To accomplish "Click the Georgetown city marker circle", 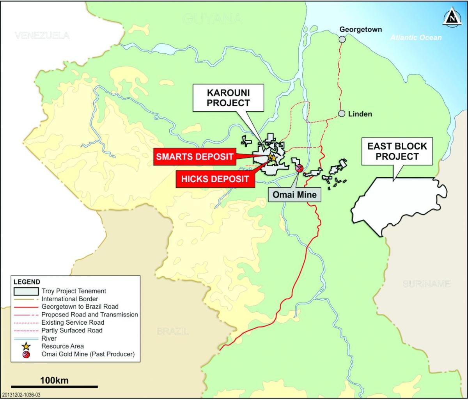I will click(x=342, y=39).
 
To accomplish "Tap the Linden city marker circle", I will click(x=342, y=114).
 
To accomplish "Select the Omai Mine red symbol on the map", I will click(x=300, y=168).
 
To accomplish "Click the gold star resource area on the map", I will click(x=272, y=158).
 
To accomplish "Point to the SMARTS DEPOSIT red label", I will click(x=195, y=157).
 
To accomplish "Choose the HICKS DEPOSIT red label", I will click(x=214, y=179).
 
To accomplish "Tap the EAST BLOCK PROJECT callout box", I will click(x=397, y=151).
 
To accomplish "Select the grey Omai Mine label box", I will click(x=294, y=194).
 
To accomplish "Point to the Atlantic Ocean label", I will click(x=416, y=37).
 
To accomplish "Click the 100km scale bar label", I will click(x=54, y=380).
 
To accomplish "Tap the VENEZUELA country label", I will click(x=42, y=36).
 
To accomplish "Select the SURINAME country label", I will click(x=427, y=284).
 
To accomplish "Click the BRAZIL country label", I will click(x=173, y=332).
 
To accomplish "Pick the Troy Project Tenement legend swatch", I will click(x=26, y=291).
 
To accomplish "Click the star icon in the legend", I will click(x=26, y=346).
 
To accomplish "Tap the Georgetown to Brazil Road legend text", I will click(x=80, y=307).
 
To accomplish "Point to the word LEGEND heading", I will click(x=27, y=282).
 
